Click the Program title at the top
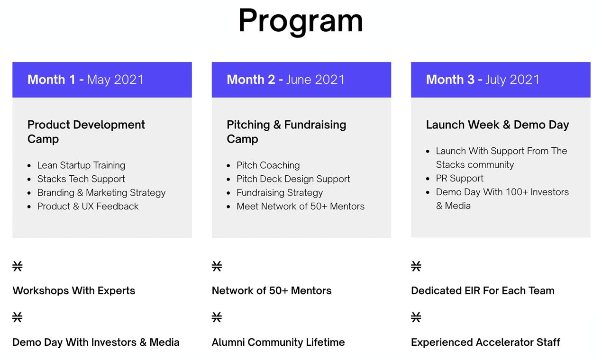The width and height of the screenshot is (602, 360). coord(301,21)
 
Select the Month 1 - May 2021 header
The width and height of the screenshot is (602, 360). coord(86,80)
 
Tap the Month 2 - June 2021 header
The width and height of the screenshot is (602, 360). coord(286,80)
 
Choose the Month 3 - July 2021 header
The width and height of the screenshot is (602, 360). coord(483,80)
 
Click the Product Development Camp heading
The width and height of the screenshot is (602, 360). coord(86,132)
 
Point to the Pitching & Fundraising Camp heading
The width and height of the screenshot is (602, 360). coord(286,132)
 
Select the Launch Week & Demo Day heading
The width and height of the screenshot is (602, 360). coord(497,125)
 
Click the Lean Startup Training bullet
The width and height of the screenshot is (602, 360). coord(81,165)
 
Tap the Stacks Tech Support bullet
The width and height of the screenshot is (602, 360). coord(81,179)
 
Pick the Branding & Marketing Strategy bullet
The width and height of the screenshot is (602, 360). coord(101,193)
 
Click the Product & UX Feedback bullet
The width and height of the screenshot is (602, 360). coord(88,207)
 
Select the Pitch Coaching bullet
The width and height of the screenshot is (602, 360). coord(268,165)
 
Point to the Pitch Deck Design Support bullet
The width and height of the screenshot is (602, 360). coord(293,179)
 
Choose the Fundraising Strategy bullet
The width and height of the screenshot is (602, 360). coord(280,193)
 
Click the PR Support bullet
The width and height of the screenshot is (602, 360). coord(460,179)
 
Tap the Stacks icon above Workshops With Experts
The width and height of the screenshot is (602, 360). coord(18,266)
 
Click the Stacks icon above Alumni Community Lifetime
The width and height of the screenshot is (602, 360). coord(217,317)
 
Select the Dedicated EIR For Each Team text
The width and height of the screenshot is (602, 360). coord(483,291)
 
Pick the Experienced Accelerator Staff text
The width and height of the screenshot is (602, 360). coord(485,342)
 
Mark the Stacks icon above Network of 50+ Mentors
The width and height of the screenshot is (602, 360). coord(217,266)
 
